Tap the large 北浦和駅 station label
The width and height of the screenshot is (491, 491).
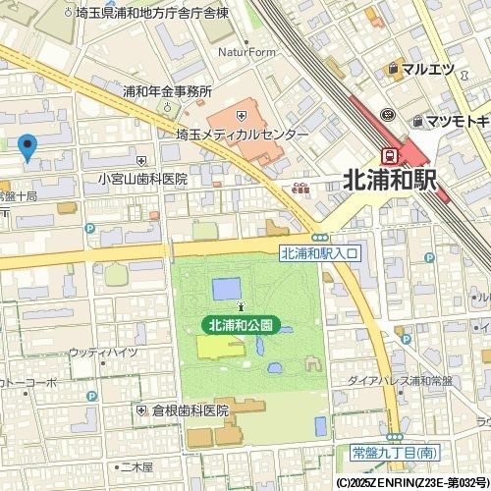coord(389,180)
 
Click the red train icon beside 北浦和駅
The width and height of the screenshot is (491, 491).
coord(389,155)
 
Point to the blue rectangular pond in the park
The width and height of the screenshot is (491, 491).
coord(226,289)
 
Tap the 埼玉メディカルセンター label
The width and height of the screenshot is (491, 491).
coord(242,135)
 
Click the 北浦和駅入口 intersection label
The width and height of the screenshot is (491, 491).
coord(321,253)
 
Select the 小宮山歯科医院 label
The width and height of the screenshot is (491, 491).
coord(142,180)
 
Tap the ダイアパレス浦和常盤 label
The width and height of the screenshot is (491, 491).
coord(400,381)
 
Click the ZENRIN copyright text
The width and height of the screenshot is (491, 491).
coord(411,483)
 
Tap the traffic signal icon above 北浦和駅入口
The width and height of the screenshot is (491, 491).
coord(319,238)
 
